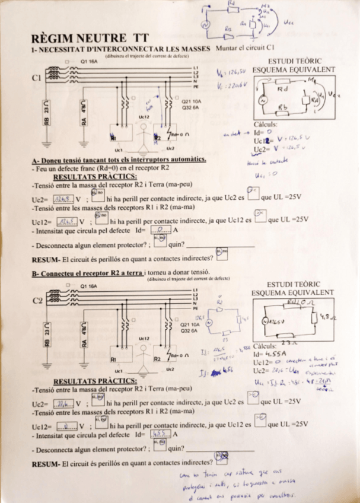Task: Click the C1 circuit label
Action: click(x=37, y=78)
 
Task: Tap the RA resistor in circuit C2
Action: click(x=85, y=336)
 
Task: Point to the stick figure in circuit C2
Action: click(x=142, y=356)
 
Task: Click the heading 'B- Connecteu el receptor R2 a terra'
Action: click(x=78, y=273)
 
